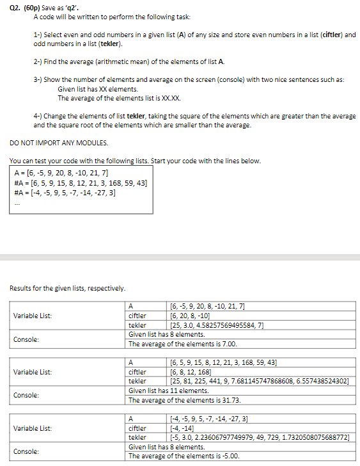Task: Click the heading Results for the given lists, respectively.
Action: coord(67,288)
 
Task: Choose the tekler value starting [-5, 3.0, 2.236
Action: coord(258,437)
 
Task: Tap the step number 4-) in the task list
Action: coord(38,116)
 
